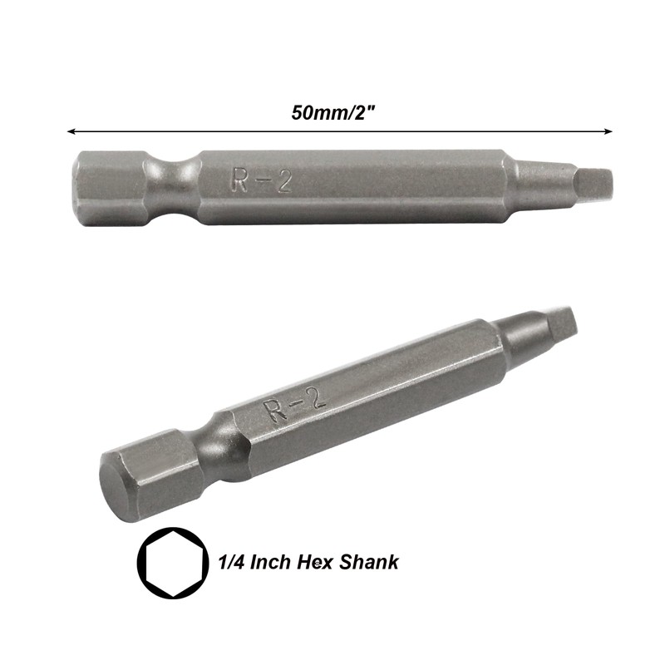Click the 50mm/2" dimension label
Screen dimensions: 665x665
pos(334,113)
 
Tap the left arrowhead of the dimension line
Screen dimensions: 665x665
pos(71,131)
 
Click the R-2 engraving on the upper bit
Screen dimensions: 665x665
pos(262,180)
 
